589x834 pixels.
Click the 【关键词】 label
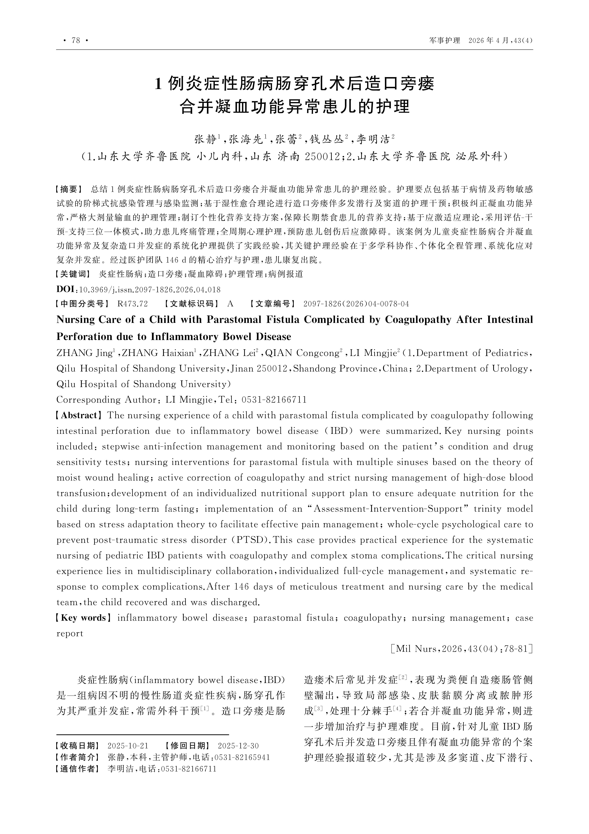73,274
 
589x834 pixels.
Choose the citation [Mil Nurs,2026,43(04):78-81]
462,649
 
